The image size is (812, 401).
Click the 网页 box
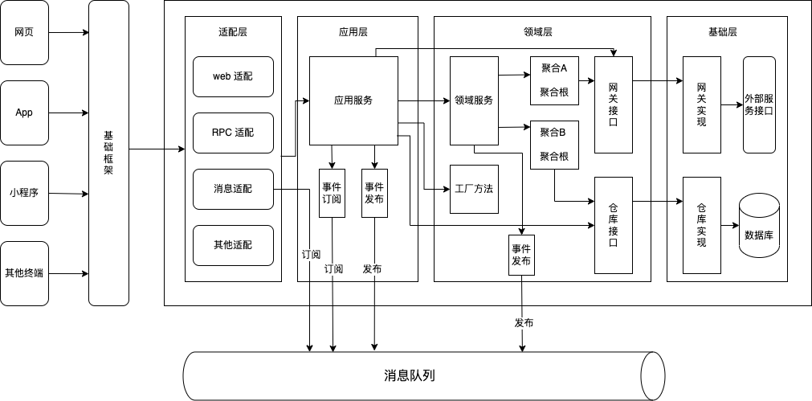(x=24, y=33)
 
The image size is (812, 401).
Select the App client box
(x=24, y=113)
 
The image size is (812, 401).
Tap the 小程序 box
(x=24, y=193)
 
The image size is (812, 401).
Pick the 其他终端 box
(x=24, y=273)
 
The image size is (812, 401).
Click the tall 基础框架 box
(x=108, y=153)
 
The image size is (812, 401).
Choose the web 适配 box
(x=233, y=76)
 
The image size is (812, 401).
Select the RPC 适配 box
(x=233, y=133)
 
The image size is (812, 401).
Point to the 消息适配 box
(x=233, y=189)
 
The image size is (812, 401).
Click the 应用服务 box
(x=353, y=100)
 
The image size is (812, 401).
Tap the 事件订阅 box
(x=332, y=193)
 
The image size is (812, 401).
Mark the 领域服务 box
(x=474, y=100)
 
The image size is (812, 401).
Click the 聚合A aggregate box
(x=554, y=80)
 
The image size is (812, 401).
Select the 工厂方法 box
(x=474, y=189)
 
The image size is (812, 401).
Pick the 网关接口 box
(x=614, y=104)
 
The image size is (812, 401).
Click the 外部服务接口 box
(x=759, y=104)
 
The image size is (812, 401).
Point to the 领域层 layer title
(x=537, y=32)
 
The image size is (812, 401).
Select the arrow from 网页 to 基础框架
(x=68, y=33)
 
